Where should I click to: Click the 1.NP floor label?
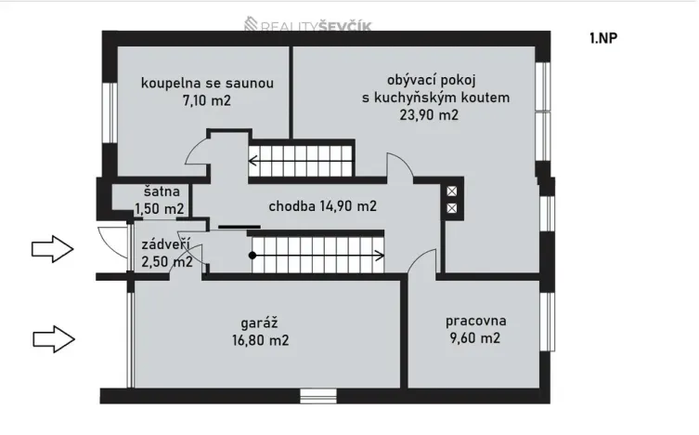click(x=604, y=39)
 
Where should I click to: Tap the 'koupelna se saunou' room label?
click(x=207, y=84)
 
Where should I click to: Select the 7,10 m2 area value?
click(x=207, y=100)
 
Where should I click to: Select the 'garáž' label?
click(x=261, y=323)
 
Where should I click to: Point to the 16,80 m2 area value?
click(x=261, y=340)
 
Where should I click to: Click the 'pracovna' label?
click(x=475, y=322)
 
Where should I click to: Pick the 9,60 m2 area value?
click(x=474, y=338)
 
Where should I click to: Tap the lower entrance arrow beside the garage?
click(x=53, y=338)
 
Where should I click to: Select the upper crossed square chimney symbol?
click(x=452, y=191)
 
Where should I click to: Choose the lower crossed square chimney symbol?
click(x=452, y=208)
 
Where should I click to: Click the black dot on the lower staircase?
click(x=252, y=254)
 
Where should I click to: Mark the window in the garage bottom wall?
click(x=319, y=396)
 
